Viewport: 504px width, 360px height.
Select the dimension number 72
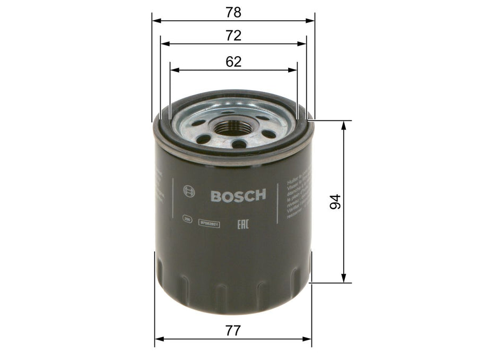pos(233,36)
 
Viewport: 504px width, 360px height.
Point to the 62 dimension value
pos(233,62)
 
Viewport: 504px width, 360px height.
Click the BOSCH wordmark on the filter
pos(238,195)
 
